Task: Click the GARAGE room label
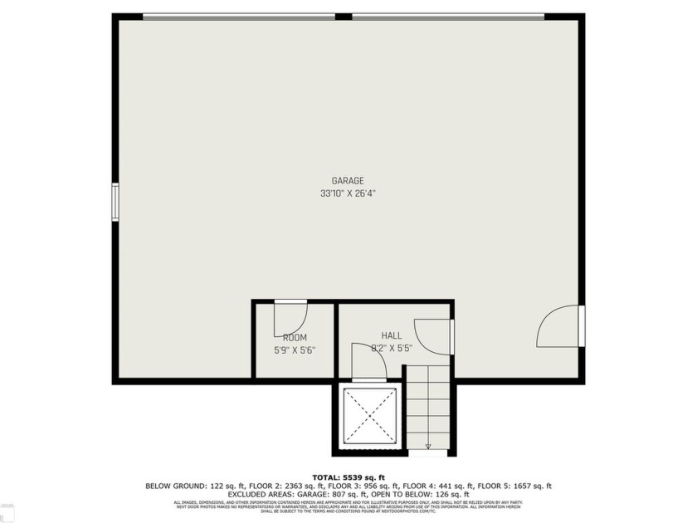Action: click(348, 181)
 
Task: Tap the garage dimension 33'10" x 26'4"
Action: click(348, 193)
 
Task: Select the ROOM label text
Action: click(295, 338)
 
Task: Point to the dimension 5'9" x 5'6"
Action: click(295, 349)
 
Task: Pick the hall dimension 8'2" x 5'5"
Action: click(392, 349)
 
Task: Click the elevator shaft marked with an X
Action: click(369, 418)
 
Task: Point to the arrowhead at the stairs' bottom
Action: click(428, 447)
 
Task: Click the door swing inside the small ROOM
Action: click(292, 315)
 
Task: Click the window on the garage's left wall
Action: click(115, 202)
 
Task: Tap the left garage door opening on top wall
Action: click(238, 16)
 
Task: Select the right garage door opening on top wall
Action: click(448, 16)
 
